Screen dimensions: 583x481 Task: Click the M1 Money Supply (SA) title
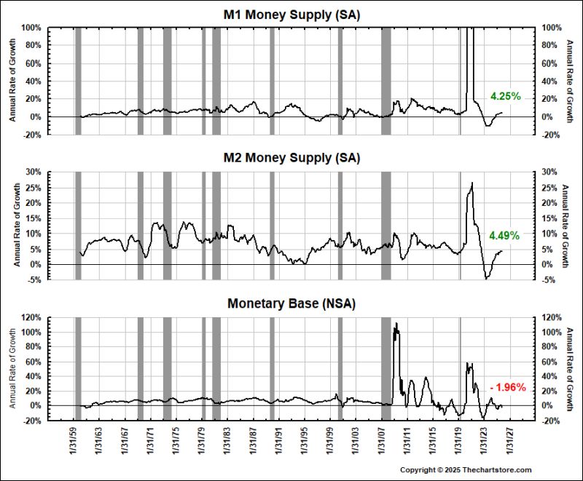[x=291, y=15]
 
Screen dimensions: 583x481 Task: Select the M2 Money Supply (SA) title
[x=291, y=158]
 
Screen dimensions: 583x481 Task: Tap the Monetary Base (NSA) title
[x=291, y=303]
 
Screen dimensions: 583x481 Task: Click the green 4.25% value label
[x=506, y=97]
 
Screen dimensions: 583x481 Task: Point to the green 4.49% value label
[x=504, y=235]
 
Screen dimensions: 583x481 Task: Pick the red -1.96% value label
[x=508, y=387]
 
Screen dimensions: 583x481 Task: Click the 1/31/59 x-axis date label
[x=74, y=440]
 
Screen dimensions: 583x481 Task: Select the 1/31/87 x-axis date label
[x=253, y=440]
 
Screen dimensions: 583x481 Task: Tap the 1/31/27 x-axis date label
[x=509, y=440]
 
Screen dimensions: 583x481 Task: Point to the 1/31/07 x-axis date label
[x=381, y=440]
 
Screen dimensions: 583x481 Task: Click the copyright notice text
[x=466, y=470]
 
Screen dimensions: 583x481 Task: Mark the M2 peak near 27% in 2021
[x=472, y=183]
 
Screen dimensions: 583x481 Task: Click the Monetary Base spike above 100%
[x=396, y=324]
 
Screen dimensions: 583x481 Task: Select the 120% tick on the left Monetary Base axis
[x=32, y=317]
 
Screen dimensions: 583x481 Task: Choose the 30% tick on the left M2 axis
[x=34, y=172]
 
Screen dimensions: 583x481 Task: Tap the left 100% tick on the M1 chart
[x=32, y=28]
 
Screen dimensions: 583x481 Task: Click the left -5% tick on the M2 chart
[x=34, y=280]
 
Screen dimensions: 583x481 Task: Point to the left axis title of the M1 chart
[x=12, y=80]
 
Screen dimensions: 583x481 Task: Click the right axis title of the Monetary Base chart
[x=569, y=369]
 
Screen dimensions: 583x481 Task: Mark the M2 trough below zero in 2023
[x=486, y=279]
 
